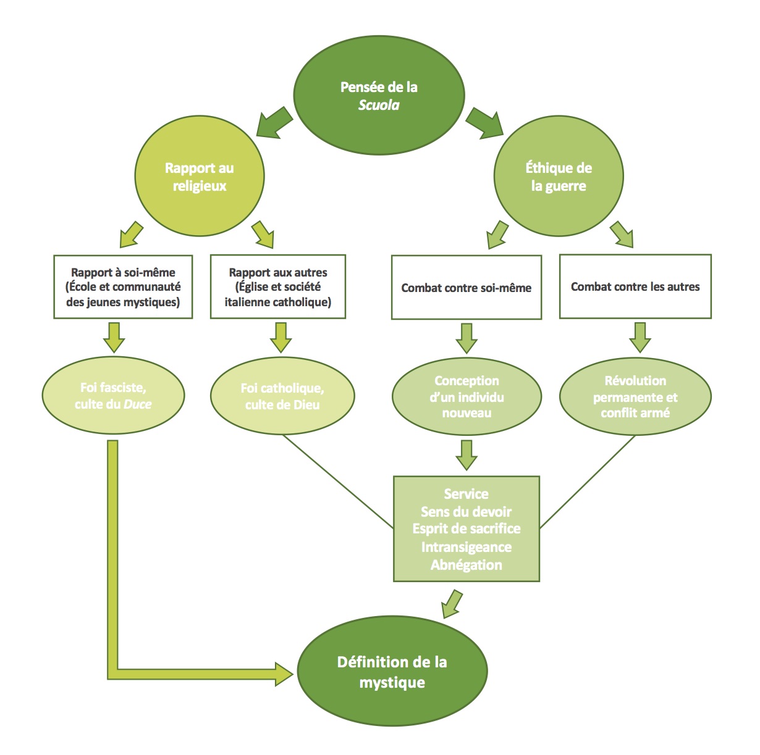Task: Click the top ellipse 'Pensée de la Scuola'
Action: click(x=379, y=95)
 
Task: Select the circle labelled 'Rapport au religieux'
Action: click(x=200, y=177)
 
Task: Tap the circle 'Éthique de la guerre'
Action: click(x=559, y=177)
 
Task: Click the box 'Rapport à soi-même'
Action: click(x=123, y=287)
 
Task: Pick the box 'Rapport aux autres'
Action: click(x=278, y=287)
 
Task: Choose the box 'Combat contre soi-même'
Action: click(x=467, y=288)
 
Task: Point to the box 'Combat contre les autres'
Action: click(x=635, y=286)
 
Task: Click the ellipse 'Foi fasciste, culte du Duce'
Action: click(x=113, y=396)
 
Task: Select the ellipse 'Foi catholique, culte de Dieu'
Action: click(x=282, y=396)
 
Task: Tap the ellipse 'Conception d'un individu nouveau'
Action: click(x=467, y=396)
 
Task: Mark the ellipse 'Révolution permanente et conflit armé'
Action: click(x=635, y=396)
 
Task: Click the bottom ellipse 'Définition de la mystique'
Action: click(x=392, y=672)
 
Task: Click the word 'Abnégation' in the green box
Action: click(x=467, y=565)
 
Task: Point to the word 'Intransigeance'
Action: click(x=467, y=547)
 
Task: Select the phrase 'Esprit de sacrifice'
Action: click(x=467, y=529)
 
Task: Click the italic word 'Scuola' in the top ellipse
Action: click(x=379, y=105)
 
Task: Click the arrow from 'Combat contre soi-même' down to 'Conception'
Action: click(x=467, y=338)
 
